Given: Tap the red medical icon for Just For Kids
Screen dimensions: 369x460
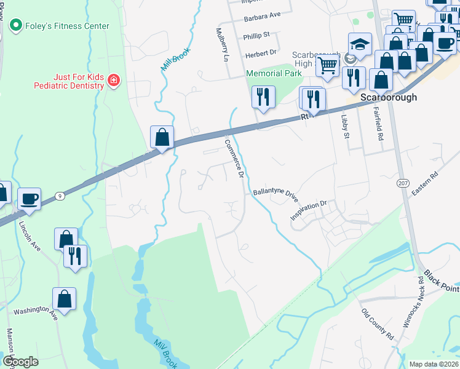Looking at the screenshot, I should [113, 81].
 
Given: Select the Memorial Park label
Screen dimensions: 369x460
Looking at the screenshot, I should [274, 73].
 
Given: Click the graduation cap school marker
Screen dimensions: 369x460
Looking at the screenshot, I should [360, 44].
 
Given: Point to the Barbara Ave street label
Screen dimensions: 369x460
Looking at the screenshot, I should [261, 14].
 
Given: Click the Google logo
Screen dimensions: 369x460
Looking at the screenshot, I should [20, 361].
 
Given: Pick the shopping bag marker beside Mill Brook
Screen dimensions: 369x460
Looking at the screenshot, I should [162, 137].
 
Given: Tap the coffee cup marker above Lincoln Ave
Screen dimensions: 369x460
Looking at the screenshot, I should [29, 199].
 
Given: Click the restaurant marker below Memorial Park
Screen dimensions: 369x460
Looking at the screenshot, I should [263, 97].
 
